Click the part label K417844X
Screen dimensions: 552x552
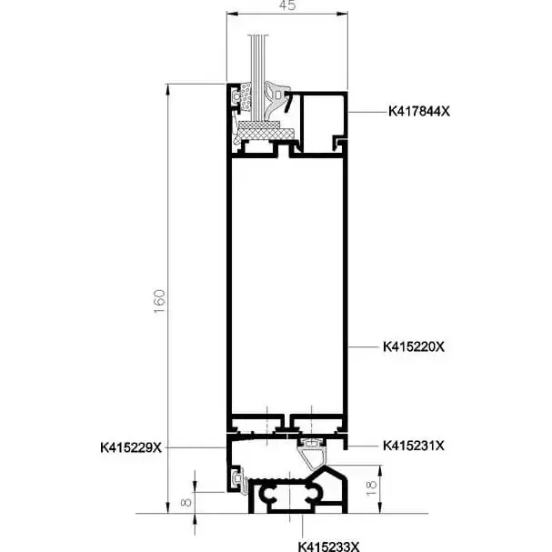click(419, 111)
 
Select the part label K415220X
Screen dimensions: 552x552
click(414, 346)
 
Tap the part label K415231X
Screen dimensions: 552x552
click(414, 446)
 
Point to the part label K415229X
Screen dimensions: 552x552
click(131, 447)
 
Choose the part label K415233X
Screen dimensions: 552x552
click(329, 547)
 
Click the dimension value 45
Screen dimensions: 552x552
click(287, 5)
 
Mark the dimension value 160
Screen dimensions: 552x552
click(159, 301)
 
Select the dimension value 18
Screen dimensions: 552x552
click(372, 488)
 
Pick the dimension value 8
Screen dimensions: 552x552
click(186, 501)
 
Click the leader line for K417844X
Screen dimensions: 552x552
click(367, 112)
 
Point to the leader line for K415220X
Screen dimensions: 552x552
click(363, 347)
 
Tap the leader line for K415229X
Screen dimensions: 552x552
click(195, 447)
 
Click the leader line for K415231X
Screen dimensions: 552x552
click(363, 446)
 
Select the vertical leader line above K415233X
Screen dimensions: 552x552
click(303, 527)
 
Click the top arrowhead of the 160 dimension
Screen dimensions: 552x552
click(168, 90)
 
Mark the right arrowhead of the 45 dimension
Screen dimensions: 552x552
click(342, 14)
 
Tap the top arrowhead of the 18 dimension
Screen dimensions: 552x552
click(380, 471)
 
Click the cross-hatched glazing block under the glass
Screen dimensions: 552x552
click(266, 133)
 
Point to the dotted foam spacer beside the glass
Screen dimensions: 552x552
click(246, 96)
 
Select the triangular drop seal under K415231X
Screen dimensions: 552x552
click(313, 457)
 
